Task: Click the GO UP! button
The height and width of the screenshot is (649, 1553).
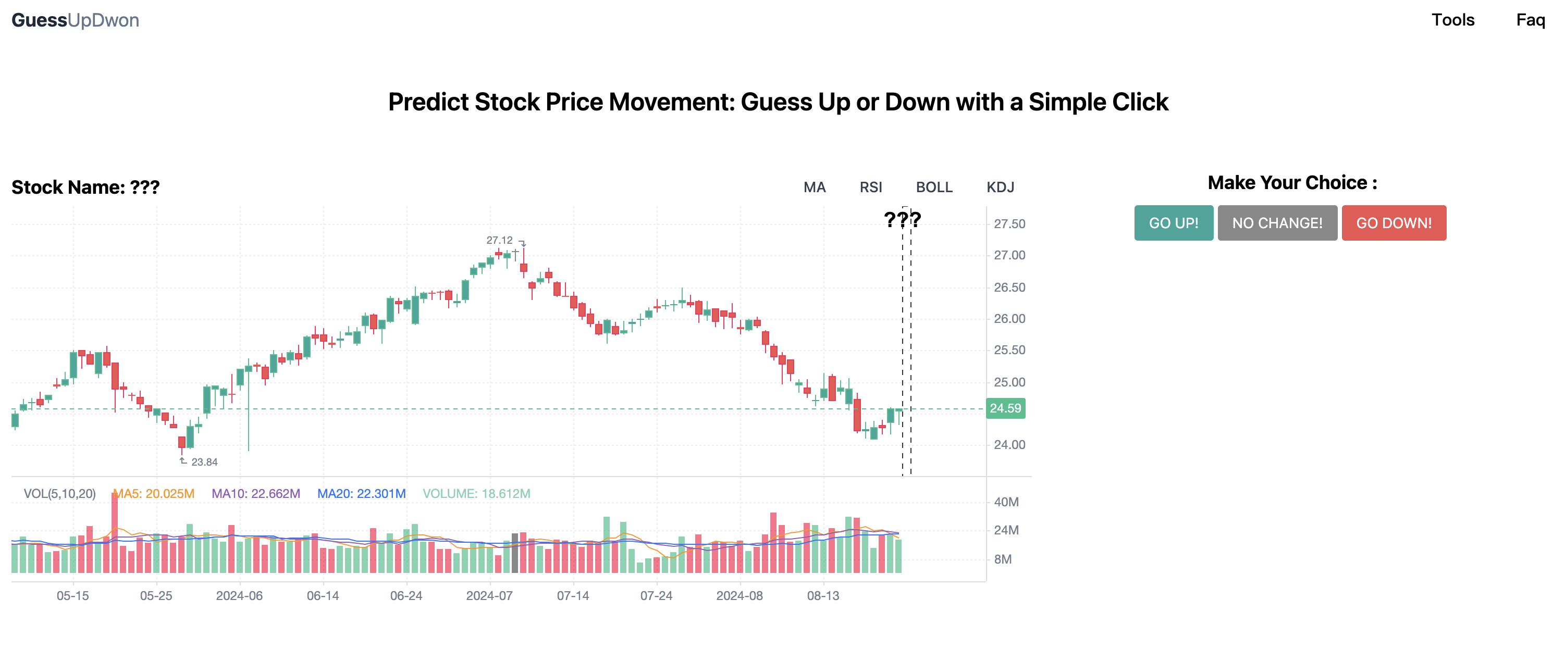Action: point(1173,223)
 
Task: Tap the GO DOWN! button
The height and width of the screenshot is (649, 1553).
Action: point(1393,223)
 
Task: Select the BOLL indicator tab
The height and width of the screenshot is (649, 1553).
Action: point(934,188)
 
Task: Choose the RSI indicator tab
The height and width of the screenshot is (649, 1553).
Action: point(870,188)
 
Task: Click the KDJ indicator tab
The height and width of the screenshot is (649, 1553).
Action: point(1000,188)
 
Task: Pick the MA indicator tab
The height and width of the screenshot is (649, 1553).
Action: point(814,188)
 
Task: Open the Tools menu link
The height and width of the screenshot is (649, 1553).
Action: point(1452,20)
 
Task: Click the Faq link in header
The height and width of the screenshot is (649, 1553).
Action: point(1530,20)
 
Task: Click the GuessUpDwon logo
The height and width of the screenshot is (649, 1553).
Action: point(76,20)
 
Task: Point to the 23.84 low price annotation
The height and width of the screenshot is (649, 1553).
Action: point(204,462)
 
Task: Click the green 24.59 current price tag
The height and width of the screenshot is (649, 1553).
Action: point(1005,408)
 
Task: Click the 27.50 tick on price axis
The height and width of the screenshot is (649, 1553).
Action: point(1009,224)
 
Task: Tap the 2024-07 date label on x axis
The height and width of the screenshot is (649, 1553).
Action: point(489,596)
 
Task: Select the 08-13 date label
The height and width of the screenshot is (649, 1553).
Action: point(822,596)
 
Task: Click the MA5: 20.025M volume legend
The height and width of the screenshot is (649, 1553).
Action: point(154,494)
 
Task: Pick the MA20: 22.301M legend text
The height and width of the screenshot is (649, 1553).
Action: point(361,494)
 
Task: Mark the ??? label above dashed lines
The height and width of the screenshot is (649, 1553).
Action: point(902,219)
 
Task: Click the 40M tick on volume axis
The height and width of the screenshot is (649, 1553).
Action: point(1006,502)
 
